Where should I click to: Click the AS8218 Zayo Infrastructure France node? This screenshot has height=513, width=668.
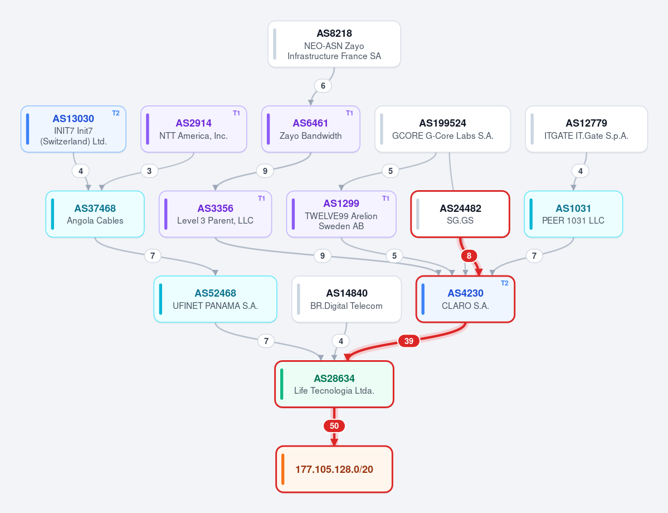[x=334, y=44]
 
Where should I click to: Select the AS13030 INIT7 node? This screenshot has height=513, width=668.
[x=74, y=129]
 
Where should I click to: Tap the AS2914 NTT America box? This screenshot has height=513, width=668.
[x=194, y=129]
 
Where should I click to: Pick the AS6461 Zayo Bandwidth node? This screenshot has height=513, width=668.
[x=310, y=129]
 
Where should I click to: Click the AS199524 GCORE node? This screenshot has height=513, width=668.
[x=442, y=129]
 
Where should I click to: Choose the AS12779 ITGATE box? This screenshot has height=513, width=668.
[x=586, y=129]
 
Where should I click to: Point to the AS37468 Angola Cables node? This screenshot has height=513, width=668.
[x=95, y=214]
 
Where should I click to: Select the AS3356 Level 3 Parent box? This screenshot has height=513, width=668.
[x=215, y=214]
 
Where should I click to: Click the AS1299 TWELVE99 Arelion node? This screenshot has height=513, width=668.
[x=341, y=214]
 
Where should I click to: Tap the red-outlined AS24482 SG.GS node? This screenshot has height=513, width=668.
[x=460, y=214]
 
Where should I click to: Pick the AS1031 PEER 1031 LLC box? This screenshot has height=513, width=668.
[x=573, y=214]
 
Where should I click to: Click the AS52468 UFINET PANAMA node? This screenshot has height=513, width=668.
[x=215, y=299]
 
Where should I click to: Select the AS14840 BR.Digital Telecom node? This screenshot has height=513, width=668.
[x=347, y=299]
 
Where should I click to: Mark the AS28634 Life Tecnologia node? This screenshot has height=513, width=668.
[x=334, y=384]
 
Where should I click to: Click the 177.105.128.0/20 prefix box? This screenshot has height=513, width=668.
[x=334, y=469]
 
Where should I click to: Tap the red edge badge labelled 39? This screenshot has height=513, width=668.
[x=408, y=341]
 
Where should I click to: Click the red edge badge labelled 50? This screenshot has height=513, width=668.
[x=334, y=425]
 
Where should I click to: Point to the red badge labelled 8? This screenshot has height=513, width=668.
[x=469, y=256]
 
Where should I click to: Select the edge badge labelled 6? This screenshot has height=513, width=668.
[x=323, y=86]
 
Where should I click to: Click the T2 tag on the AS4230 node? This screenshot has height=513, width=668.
[x=504, y=283]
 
